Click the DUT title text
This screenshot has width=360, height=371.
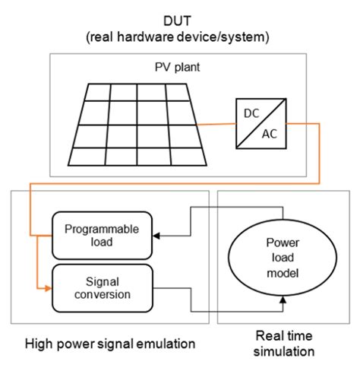177,21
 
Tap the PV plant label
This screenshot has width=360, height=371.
177,67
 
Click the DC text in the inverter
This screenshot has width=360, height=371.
251,113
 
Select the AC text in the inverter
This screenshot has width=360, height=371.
270,134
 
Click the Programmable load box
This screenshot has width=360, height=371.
102,236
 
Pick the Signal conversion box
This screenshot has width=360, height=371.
103,288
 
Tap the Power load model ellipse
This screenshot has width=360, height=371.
283,257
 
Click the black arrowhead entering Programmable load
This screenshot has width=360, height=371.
156,236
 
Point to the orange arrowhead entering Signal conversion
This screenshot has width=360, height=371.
49,288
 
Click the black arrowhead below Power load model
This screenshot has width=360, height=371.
283,300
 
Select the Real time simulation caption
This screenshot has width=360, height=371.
284,344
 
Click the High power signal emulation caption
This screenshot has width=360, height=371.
110,344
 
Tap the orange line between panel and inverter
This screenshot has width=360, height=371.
216,124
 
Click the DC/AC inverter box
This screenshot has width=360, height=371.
261,123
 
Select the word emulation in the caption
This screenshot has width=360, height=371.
166,344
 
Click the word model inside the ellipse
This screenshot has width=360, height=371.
283,273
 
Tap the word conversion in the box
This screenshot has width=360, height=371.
103,294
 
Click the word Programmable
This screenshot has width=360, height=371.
102,230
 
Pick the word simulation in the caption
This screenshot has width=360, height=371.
284,351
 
